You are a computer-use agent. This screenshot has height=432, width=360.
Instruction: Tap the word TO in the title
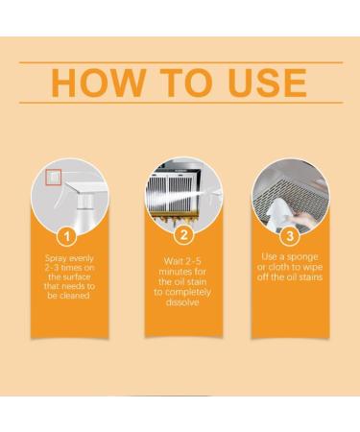(172, 83)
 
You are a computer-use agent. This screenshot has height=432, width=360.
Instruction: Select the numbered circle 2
(180, 234)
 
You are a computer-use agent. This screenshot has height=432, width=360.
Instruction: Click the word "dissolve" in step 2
(180, 301)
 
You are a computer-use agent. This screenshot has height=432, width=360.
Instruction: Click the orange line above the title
(180, 62)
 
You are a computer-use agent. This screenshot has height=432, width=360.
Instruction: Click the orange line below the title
(180, 103)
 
